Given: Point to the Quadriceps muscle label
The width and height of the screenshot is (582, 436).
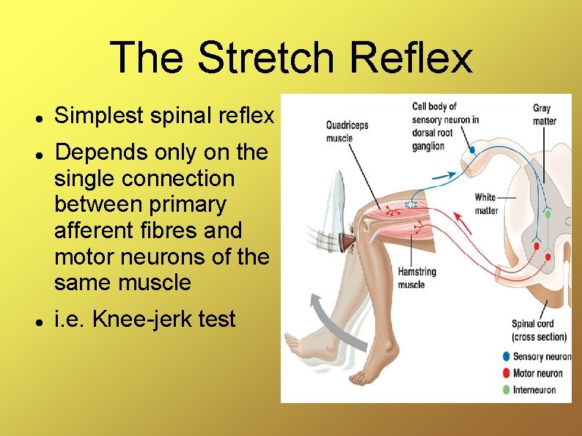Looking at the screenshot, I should pyautogui.click(x=347, y=131).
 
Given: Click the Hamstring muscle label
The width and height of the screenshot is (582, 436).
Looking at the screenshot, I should pyautogui.click(x=416, y=278).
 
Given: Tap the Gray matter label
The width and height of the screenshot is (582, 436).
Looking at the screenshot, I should pyautogui.click(x=544, y=114).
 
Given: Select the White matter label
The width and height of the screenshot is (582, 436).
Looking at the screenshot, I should pyautogui.click(x=486, y=204).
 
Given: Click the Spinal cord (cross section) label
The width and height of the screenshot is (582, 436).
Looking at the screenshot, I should pyautogui.click(x=539, y=330).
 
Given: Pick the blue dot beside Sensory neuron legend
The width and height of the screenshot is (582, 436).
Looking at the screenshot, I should pyautogui.click(x=507, y=357).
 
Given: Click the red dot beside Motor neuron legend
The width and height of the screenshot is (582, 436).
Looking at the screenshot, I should pyautogui.click(x=507, y=373).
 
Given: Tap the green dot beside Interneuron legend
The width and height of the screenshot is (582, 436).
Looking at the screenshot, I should pyautogui.click(x=507, y=390).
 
